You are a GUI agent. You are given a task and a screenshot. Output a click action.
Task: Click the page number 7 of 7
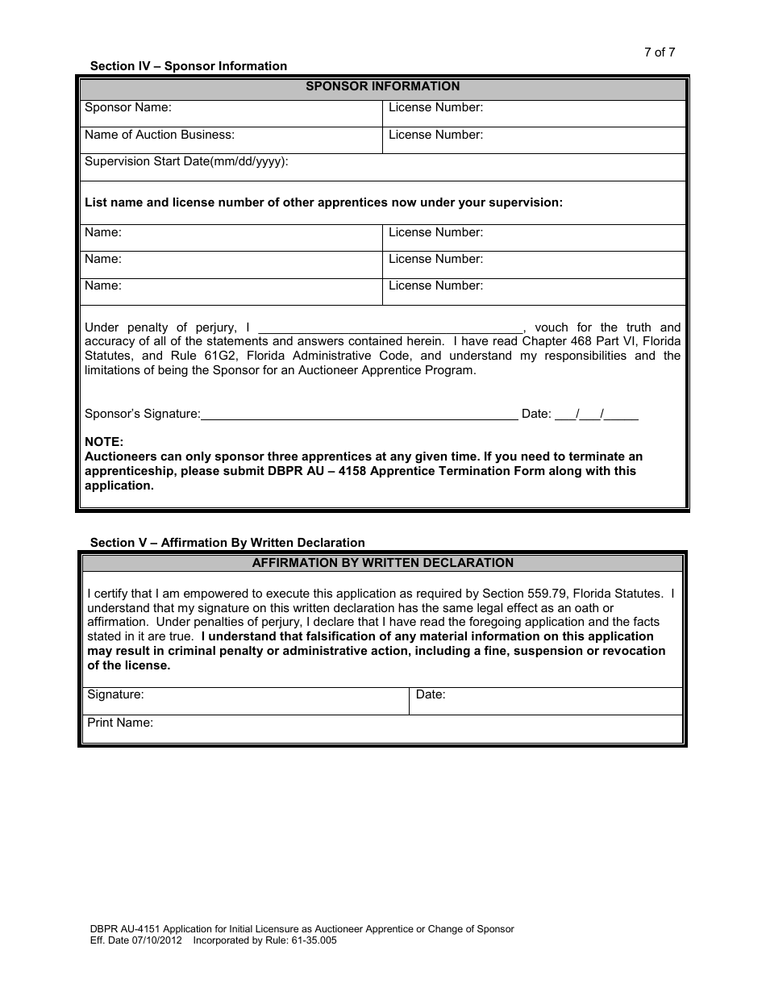pyautogui.click(x=659, y=52)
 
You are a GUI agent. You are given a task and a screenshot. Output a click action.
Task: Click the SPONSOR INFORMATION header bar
pyautogui.click(x=382, y=86)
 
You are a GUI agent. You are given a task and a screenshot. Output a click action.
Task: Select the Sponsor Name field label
pyautogui.click(x=128, y=107)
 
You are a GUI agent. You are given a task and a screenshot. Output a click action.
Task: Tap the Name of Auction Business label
pyautogui.click(x=160, y=135)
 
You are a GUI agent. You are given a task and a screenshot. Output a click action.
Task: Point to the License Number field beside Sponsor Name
pyautogui.click(x=534, y=113)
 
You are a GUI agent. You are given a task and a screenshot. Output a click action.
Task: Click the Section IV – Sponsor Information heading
pyautogui.click(x=188, y=66)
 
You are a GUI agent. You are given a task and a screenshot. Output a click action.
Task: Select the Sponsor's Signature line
pyautogui.click(x=359, y=414)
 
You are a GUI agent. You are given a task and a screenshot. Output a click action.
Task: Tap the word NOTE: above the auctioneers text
pyautogui.click(x=104, y=442)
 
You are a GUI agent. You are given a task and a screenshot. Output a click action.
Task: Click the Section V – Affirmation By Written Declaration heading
pyautogui.click(x=227, y=543)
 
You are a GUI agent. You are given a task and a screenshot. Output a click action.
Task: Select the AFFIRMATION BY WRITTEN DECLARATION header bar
pyautogui.click(x=382, y=563)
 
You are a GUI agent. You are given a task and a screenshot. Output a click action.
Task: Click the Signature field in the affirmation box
pyautogui.click(x=247, y=700)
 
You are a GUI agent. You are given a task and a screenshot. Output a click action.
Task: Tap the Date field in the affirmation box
pyautogui.click(x=547, y=700)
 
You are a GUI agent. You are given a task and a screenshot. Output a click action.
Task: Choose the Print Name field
pyautogui.click(x=384, y=729)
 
